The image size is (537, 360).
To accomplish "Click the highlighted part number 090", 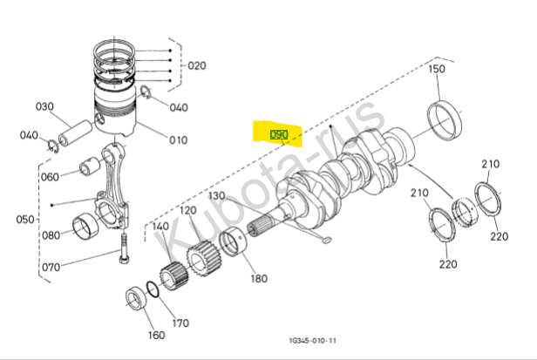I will [279, 135].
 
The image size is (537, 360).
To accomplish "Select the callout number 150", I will [436, 69].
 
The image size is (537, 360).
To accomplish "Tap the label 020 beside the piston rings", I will [197, 66].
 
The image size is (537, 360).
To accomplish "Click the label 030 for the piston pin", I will [44, 107].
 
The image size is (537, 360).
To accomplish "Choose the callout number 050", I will [24, 218].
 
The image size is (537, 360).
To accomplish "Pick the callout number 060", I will [50, 178].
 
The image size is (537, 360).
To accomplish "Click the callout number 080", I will [51, 235].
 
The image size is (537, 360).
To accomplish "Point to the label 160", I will [154, 336].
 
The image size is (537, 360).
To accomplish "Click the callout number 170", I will [180, 324].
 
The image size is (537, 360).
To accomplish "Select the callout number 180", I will [259, 279].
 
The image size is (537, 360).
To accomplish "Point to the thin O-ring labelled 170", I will [153, 292].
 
